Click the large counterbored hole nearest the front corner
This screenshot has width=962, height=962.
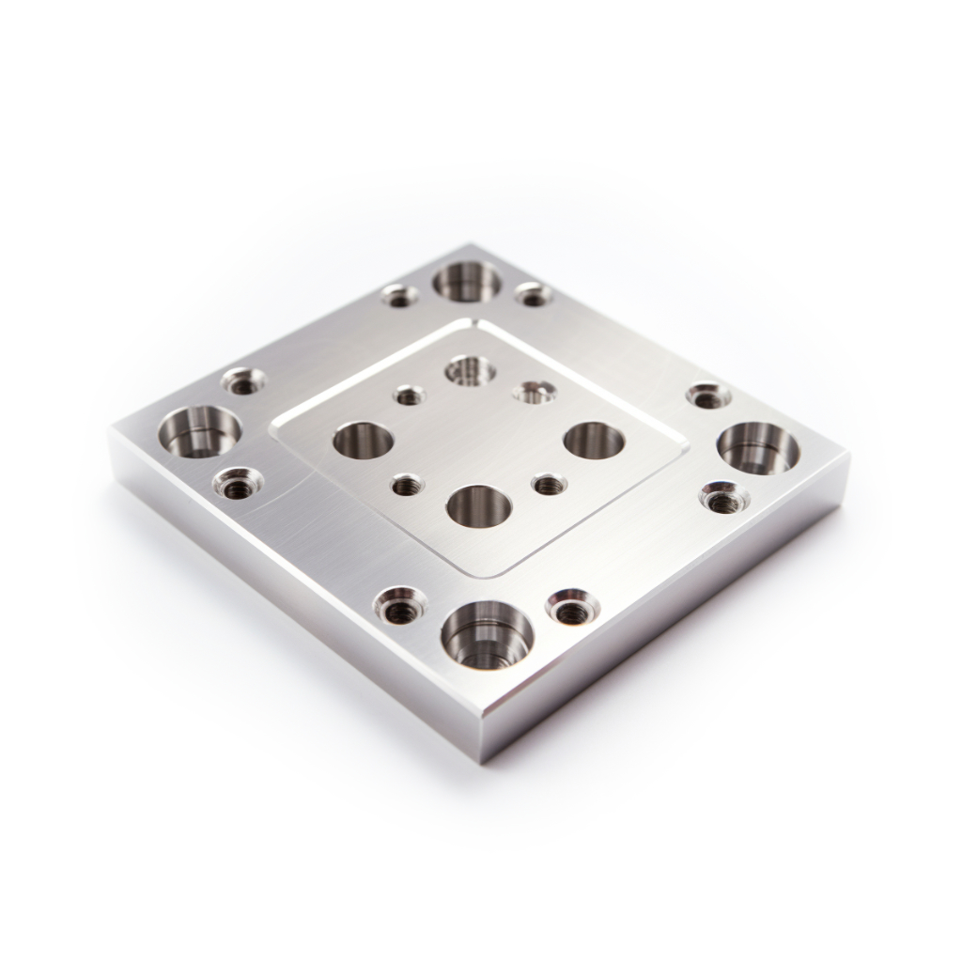487,635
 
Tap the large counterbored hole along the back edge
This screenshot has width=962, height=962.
467,281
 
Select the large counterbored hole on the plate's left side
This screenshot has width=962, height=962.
199,432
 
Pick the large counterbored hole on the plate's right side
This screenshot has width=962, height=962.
758,447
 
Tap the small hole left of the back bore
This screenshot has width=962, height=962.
400,297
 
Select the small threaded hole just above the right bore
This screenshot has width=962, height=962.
708,395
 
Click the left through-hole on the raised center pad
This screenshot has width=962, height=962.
363,440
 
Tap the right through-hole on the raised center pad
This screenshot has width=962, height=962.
594,440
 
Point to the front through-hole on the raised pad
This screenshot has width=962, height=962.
478,505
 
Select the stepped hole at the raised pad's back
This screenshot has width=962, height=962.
470,370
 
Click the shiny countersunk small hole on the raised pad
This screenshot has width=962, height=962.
534,390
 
